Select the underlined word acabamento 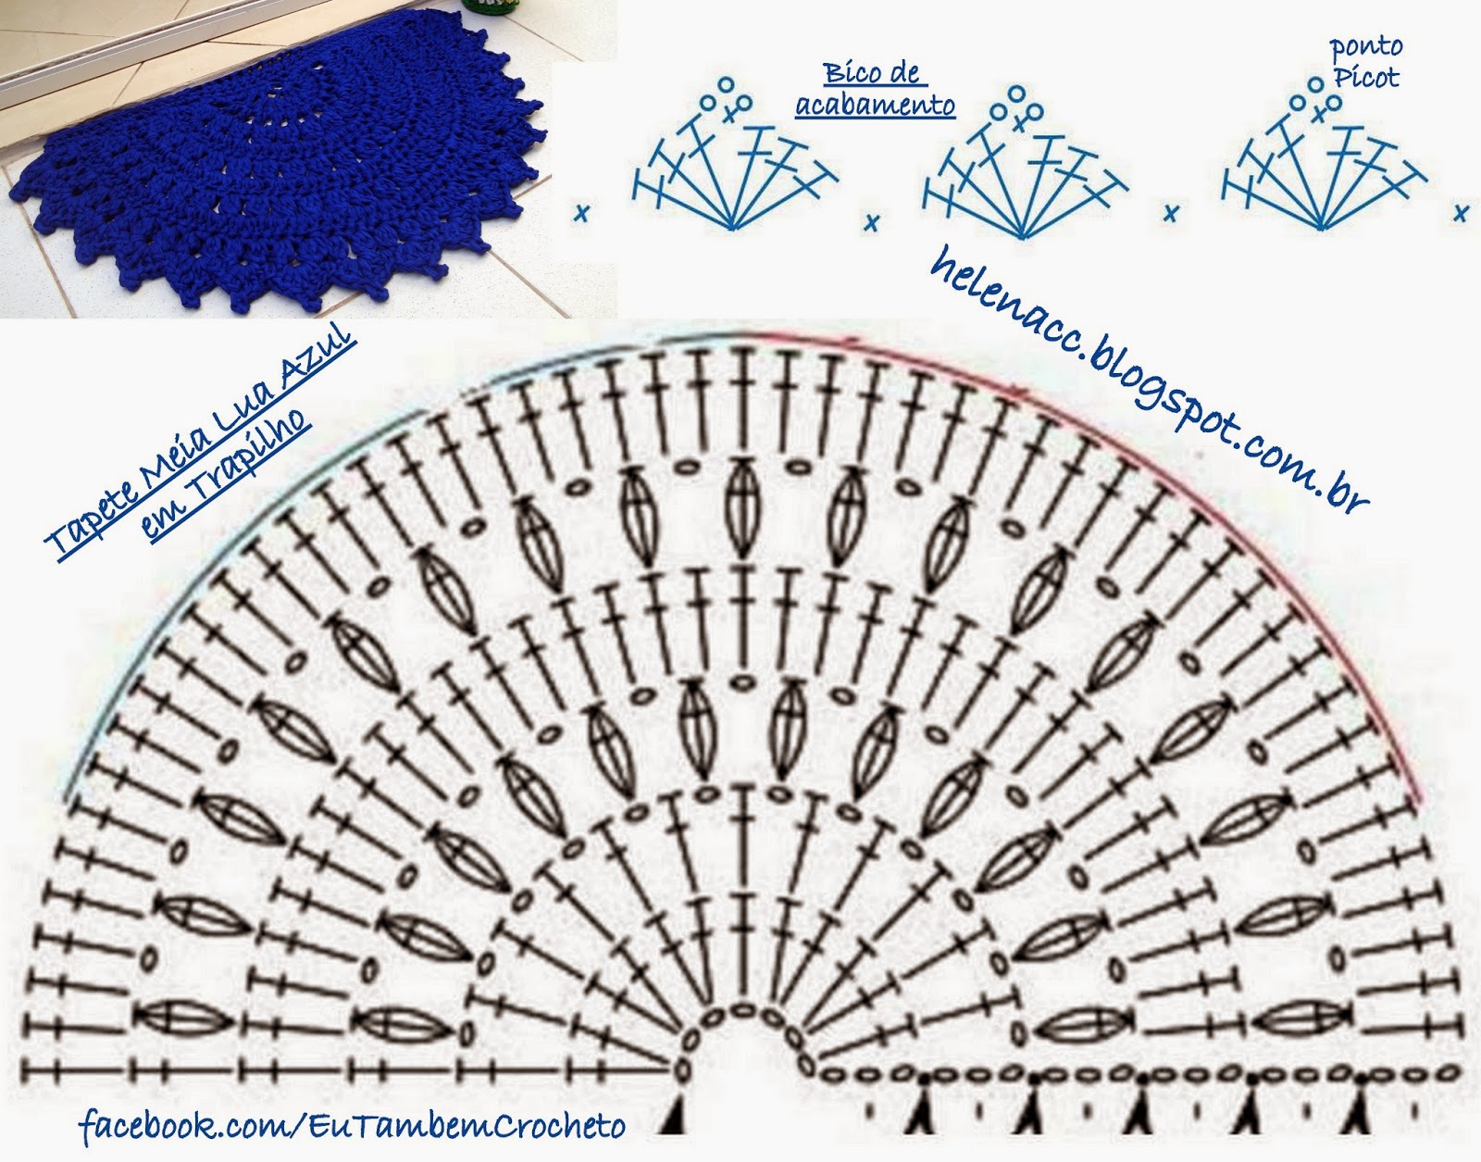pos(875,105)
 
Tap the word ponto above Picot pos(1365,46)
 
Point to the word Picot pos(1366,77)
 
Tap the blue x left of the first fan pos(581,214)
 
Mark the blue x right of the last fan pos(1461,214)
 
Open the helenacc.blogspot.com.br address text pos(1148,380)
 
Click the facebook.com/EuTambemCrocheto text pos(352,1126)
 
